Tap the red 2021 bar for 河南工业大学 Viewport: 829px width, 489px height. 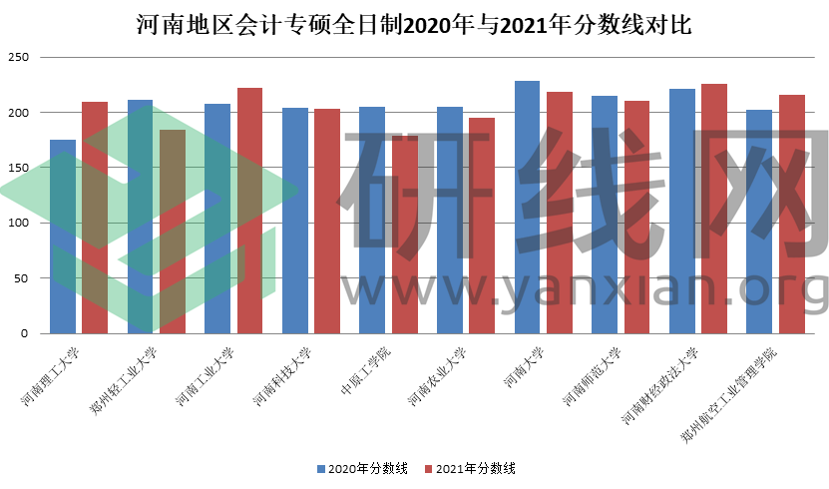coord(249,211)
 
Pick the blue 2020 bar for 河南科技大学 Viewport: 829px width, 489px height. coord(295,221)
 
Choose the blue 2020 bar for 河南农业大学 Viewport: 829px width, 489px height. coord(450,220)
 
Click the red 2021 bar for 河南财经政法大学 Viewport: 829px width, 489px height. coord(714,209)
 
